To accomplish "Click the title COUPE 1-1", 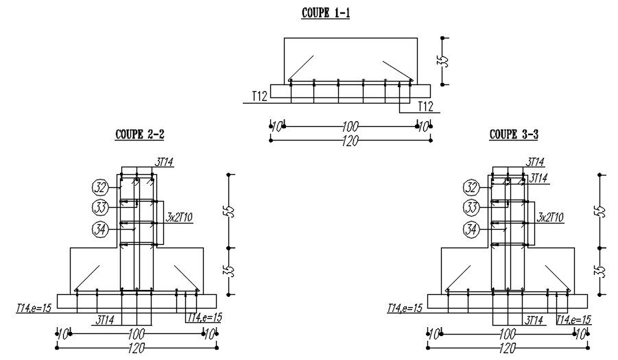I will (x=325, y=13).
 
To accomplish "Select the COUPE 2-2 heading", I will (x=139, y=134).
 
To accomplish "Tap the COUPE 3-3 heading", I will (x=514, y=134).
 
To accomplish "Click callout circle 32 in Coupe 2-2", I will (x=100, y=187).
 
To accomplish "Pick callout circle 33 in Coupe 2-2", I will (x=100, y=208).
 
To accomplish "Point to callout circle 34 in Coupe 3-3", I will (x=471, y=230).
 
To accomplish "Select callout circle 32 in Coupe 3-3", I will (x=471, y=187).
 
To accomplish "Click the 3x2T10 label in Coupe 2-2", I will (x=180, y=217).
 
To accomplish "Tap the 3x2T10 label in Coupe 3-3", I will (x=550, y=217).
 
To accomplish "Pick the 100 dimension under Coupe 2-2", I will (x=136, y=334).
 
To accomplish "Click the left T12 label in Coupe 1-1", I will (x=259, y=97).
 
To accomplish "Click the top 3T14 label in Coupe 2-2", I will (x=165, y=162).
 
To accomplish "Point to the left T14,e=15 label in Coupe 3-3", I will (x=404, y=309).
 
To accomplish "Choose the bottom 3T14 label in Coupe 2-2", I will (x=104, y=318).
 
